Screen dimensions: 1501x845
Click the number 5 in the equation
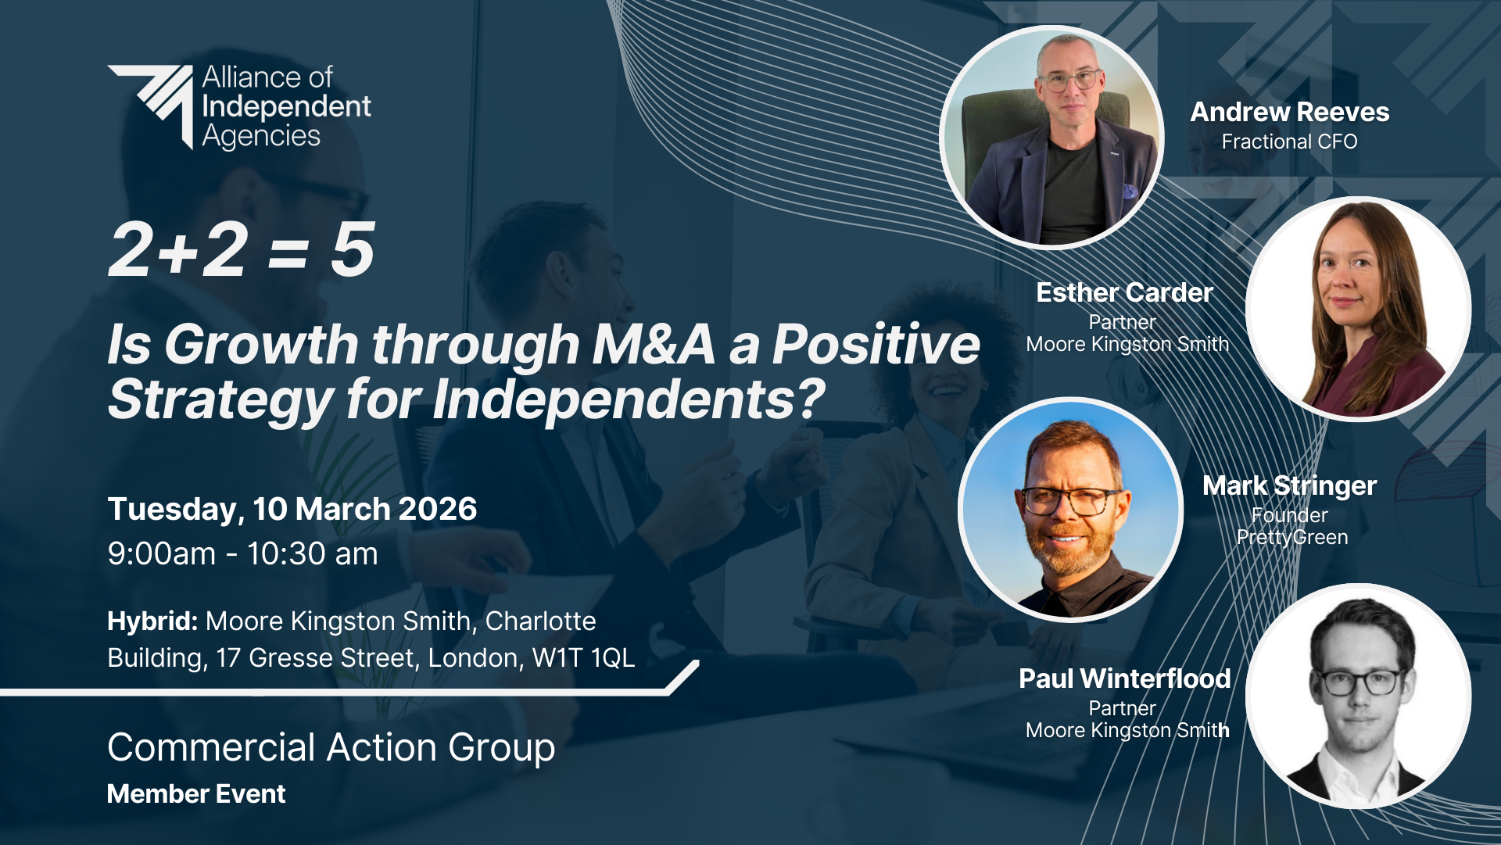(353, 250)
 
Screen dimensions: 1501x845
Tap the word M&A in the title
(654, 344)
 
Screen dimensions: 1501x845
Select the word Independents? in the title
(629, 399)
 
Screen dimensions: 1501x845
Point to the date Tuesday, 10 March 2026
(292, 509)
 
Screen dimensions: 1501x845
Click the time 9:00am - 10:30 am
(243, 553)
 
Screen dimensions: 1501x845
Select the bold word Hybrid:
(152, 621)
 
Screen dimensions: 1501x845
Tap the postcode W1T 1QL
(583, 658)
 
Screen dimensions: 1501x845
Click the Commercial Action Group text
(331, 747)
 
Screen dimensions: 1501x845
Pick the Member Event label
(196, 794)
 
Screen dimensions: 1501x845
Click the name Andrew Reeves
(1290, 112)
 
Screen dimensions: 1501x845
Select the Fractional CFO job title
(1290, 141)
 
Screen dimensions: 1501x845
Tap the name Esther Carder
(1125, 292)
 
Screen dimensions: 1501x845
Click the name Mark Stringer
(1290, 485)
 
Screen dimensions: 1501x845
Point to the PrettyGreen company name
(1292, 538)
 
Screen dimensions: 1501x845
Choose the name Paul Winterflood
(1125, 679)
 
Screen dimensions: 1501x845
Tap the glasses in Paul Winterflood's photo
(1359, 682)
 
